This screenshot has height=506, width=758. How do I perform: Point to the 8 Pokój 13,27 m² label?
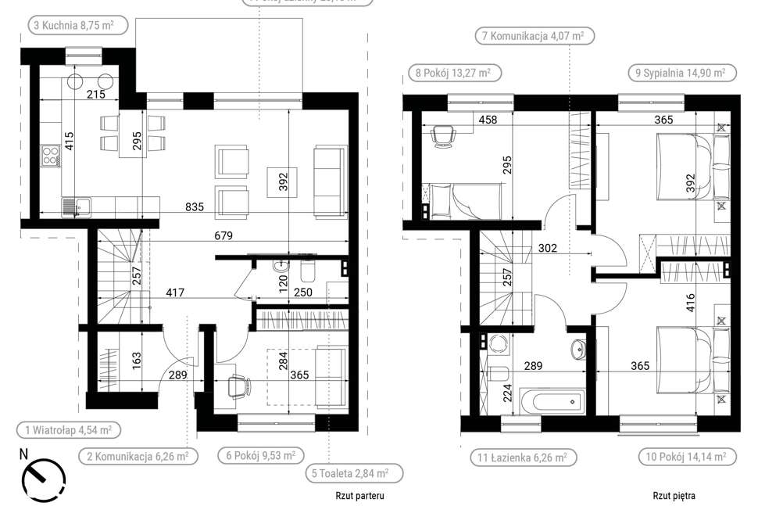coord(453,74)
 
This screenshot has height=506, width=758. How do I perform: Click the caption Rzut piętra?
coord(674,496)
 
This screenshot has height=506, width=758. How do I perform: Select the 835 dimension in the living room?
coord(195,207)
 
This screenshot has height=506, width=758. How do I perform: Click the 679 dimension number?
coord(224,235)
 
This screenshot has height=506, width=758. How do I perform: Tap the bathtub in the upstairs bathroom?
coord(556,404)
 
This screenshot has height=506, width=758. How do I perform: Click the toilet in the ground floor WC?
coord(307,272)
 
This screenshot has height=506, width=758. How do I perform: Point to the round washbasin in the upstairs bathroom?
coord(578,349)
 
